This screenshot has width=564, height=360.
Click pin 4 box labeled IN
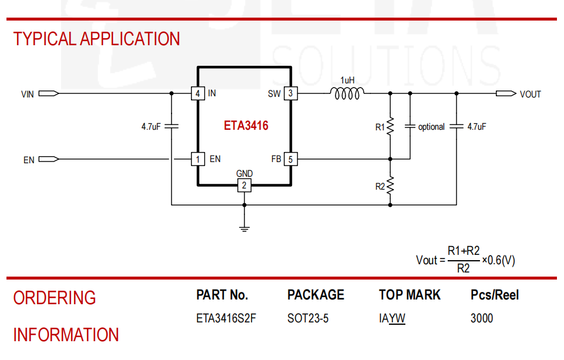coord(198,93)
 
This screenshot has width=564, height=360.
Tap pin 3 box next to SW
coord(291,93)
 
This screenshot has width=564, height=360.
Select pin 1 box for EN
coord(198,159)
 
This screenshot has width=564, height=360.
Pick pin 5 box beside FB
coord(291,159)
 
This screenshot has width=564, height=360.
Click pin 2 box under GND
coord(244,186)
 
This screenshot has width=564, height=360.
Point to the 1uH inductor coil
coord(347,93)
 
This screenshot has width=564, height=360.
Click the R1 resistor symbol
coord(390,127)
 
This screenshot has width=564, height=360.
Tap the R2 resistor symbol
coord(390,186)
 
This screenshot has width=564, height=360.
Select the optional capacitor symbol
coord(410,127)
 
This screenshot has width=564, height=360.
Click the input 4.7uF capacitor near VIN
coord(172,127)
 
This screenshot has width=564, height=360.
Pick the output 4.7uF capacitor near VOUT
coord(456,127)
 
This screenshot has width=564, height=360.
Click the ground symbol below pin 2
coord(244,228)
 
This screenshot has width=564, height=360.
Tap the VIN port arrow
coord(49,93)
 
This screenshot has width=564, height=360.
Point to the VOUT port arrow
coord(506,93)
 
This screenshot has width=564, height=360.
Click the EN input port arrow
coord(49,159)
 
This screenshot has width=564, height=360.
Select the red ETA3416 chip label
coord(246,126)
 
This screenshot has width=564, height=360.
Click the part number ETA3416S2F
coord(226,318)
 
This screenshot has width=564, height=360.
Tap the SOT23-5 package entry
coord(308,318)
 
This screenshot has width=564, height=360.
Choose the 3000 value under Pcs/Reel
coord(482,318)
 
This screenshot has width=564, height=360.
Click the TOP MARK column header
coord(409,295)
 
